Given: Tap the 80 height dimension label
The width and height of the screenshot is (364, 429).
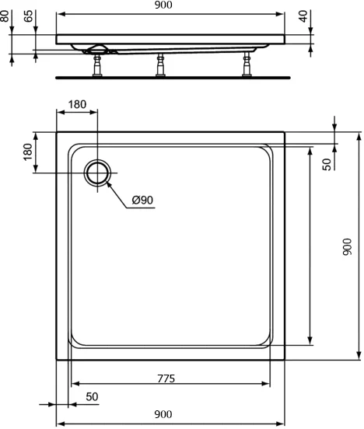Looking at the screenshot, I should point(5,16).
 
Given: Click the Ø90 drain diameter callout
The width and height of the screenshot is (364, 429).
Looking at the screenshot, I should point(142,201).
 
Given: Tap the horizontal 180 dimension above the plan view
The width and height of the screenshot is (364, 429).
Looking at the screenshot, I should point(77,105).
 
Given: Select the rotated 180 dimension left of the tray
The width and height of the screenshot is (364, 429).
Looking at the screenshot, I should point(28,152).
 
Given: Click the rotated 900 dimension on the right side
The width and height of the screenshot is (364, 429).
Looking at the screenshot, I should point(348,246).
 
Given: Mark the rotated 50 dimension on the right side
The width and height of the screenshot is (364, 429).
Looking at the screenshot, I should point(327,164).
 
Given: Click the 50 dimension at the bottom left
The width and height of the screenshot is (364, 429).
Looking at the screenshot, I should point(92,396).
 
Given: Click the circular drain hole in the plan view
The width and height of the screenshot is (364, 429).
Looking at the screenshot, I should point(98,173).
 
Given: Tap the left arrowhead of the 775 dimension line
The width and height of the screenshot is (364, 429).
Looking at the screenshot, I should point(75,385).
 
